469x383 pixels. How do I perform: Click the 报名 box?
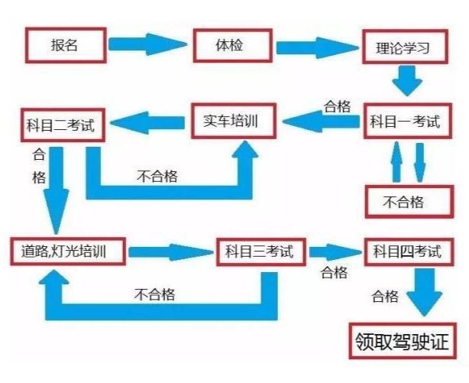(66, 45)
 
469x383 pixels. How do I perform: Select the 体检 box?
(233, 46)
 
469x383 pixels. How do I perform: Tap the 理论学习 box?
(406, 47)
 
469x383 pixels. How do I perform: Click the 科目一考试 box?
(408, 122)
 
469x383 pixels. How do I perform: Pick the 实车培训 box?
(234, 121)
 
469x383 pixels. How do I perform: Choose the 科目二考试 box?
(63, 125)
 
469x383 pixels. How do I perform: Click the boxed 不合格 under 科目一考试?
(409, 202)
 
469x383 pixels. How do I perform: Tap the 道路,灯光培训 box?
(68, 252)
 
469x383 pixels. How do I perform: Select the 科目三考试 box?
(261, 252)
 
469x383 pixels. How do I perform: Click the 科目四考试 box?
(409, 252)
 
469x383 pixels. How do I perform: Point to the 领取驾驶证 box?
(403, 341)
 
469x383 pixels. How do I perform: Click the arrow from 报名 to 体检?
(147, 44)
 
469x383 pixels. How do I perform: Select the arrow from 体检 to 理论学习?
(317, 47)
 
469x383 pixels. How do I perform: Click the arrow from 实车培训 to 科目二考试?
(147, 123)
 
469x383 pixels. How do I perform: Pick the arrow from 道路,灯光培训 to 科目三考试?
(171, 252)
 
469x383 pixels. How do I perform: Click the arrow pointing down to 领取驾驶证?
(425, 292)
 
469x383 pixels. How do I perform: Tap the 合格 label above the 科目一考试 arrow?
(337, 106)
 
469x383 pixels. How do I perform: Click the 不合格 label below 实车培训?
(157, 176)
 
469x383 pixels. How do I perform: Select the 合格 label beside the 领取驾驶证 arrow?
(385, 297)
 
